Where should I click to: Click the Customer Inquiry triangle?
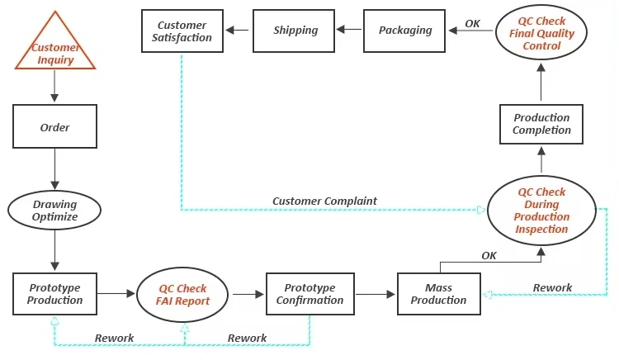(54, 50)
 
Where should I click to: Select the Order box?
(54, 128)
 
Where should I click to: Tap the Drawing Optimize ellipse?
(54, 211)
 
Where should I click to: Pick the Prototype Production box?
(55, 294)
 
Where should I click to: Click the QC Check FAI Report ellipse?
(182, 294)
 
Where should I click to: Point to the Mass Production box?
(438, 294)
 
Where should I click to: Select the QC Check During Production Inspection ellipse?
(541, 211)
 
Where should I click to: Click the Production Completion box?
(541, 125)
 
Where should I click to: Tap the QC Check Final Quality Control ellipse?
(541, 33)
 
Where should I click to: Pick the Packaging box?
(405, 31)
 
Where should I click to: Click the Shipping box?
(295, 31)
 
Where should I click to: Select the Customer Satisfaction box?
(184, 31)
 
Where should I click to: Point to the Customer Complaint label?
(324, 201)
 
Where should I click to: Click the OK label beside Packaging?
(472, 23)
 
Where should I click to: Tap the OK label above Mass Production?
(489, 255)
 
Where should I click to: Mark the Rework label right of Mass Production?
(552, 287)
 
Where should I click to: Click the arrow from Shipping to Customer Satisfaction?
(239, 31)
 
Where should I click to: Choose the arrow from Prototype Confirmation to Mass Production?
(376, 293)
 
